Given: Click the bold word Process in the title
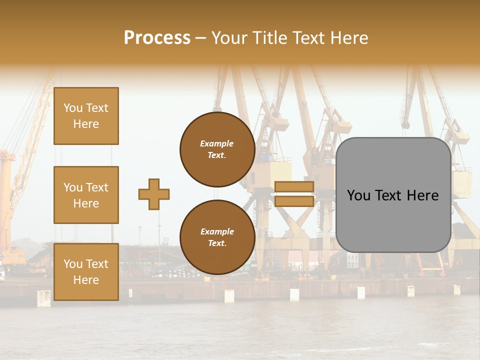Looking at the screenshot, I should [x=157, y=38].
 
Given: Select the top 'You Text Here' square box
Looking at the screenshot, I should [x=86, y=116].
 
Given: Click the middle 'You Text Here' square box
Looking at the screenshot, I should [x=86, y=195].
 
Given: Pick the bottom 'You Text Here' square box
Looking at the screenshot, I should [x=86, y=272].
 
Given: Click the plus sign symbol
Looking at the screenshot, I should [x=154, y=194].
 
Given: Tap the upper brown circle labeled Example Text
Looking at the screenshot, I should [x=217, y=149].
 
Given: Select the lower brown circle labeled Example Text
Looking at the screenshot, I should [x=217, y=237].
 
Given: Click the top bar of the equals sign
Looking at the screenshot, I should [x=294, y=187].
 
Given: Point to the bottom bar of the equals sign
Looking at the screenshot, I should [x=294, y=201].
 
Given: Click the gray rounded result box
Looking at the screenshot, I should [x=393, y=195].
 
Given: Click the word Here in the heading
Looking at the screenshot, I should [x=348, y=38].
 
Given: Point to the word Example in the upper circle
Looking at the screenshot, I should [x=216, y=144].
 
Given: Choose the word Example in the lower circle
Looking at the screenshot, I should [x=217, y=232].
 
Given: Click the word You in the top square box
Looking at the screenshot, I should [x=73, y=108].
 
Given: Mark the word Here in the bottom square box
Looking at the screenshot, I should [x=86, y=280].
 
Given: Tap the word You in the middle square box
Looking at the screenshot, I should [x=73, y=187].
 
